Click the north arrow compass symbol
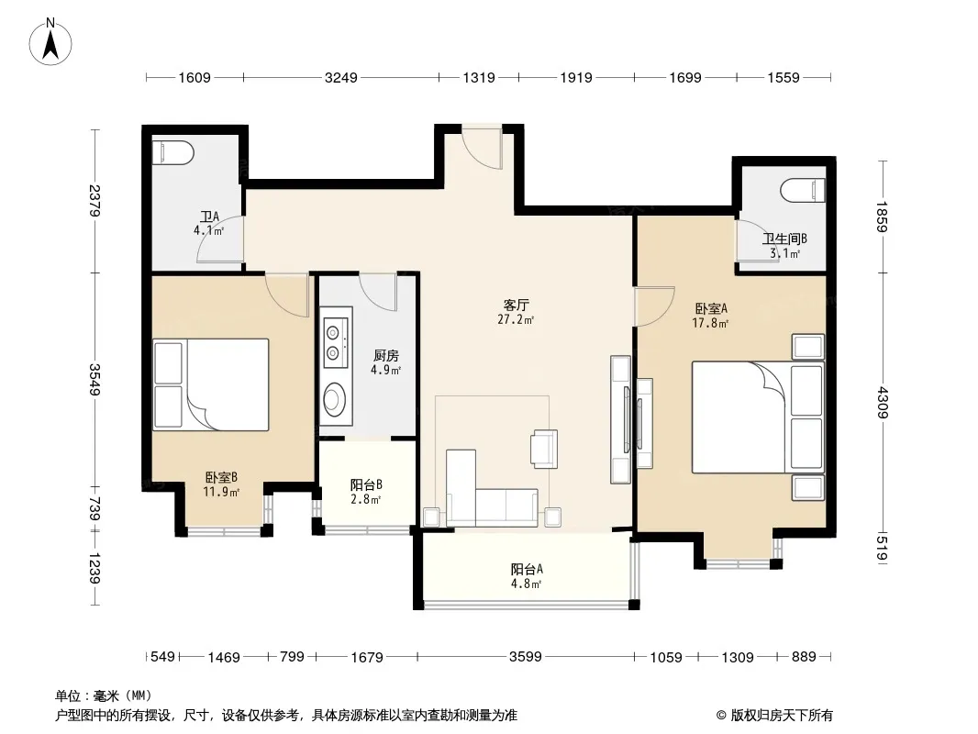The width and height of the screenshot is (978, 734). coord(50,41)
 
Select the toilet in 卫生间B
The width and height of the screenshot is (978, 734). coord(803,190)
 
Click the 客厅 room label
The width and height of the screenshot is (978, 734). coord(517,305)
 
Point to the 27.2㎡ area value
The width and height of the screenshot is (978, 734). coord(516,320)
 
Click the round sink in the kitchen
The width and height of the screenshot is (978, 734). coord(335,399)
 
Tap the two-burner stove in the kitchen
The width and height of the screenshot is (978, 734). coord(336,343)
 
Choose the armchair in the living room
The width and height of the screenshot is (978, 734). coord(544,449)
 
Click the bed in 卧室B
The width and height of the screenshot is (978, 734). coord(211,384)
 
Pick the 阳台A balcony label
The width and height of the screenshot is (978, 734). coord(527,569)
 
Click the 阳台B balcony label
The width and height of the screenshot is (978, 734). coord(366,484)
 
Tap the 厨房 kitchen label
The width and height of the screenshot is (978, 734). coord(386,355)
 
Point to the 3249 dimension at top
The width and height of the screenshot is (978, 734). coord(341,77)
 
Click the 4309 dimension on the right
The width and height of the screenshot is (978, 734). coord(882,403)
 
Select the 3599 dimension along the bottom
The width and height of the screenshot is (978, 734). coord(526,656)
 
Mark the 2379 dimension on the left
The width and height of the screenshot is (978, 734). coord(94,201)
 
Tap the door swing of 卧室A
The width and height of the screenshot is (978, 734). coord(654,306)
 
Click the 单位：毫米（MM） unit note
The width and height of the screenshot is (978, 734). coord(104,695)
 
